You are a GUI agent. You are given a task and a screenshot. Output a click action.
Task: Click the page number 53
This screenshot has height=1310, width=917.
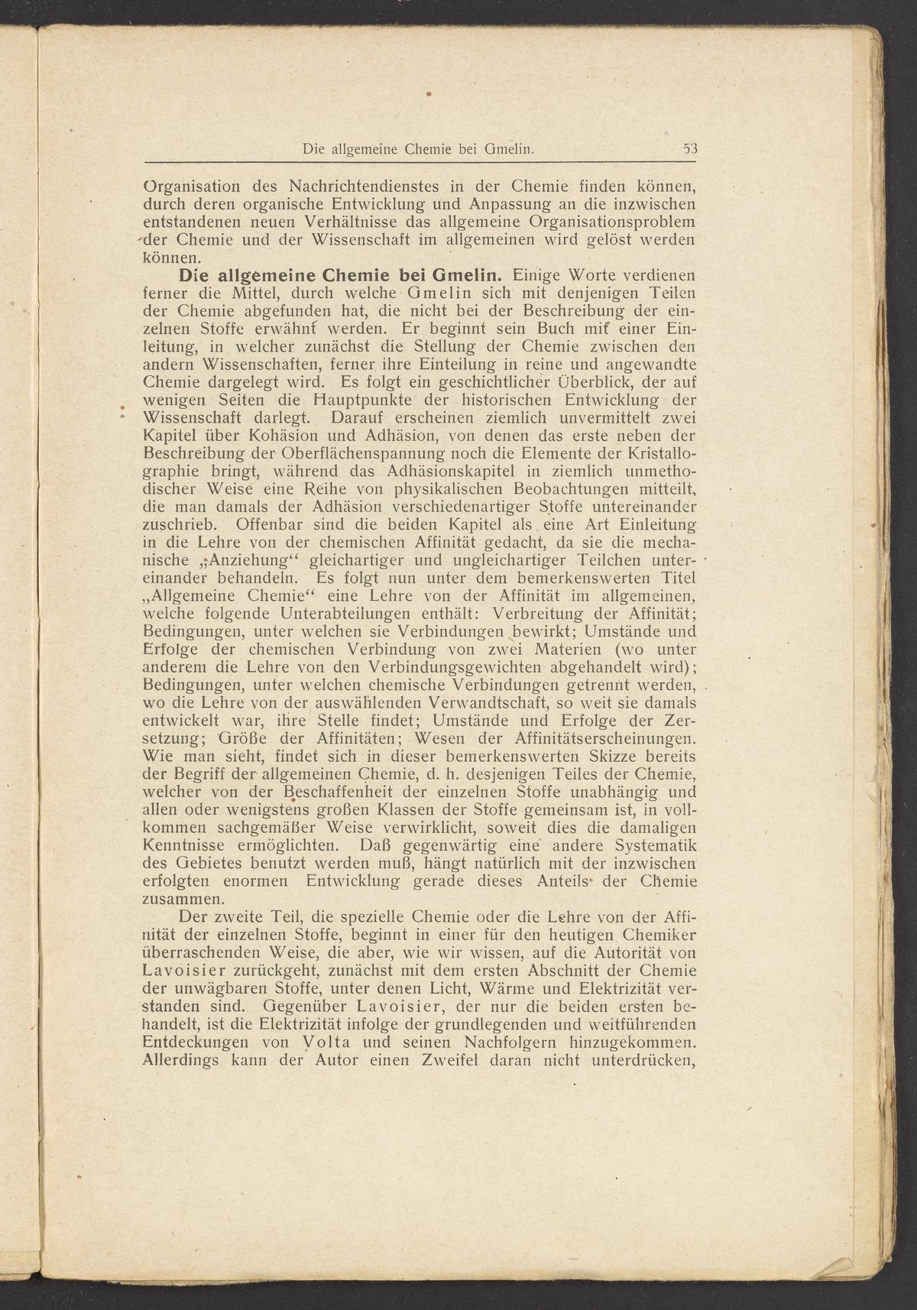click(691, 151)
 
